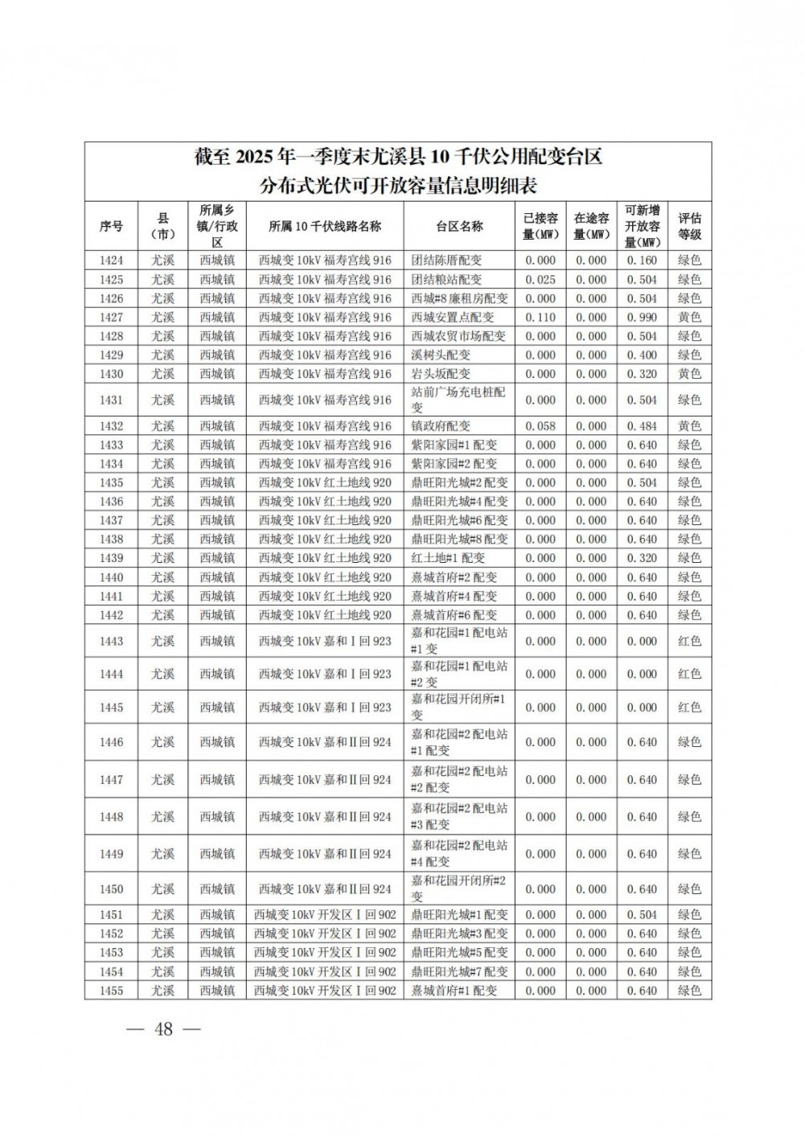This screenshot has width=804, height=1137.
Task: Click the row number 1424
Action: tap(111, 261)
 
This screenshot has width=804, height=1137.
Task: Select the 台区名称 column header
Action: tap(459, 226)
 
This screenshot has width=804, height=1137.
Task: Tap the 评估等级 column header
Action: tap(689, 226)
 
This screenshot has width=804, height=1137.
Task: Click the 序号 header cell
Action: tap(111, 226)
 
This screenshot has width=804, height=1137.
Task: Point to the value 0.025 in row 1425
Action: tap(539, 280)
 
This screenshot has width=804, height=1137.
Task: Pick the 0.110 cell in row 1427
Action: tap(539, 318)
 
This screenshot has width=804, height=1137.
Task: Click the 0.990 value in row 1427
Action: tap(642, 318)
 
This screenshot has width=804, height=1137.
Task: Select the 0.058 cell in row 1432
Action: tap(539, 426)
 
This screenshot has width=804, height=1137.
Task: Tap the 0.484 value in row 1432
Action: tap(642, 426)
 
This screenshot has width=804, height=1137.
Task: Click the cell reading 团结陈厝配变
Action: tap(446, 261)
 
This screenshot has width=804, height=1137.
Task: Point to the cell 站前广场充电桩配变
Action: tap(458, 400)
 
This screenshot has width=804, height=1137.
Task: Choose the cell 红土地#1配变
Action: tap(448, 558)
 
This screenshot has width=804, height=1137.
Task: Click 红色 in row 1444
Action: tap(689, 674)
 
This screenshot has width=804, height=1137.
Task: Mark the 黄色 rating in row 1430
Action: tap(689, 374)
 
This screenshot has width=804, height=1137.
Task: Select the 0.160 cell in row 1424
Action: tap(642, 261)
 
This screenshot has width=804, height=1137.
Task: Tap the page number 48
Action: tap(163, 1029)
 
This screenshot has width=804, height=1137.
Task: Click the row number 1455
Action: tap(111, 991)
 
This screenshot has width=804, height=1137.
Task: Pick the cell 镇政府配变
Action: tap(441, 426)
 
